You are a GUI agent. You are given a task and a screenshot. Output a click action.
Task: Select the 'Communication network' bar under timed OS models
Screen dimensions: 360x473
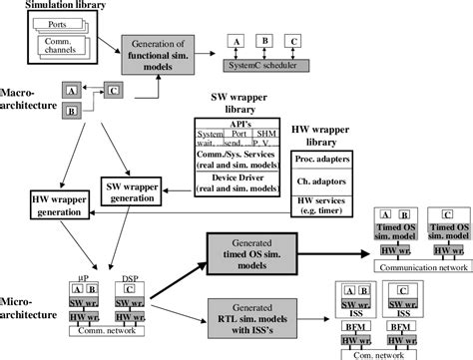419,267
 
